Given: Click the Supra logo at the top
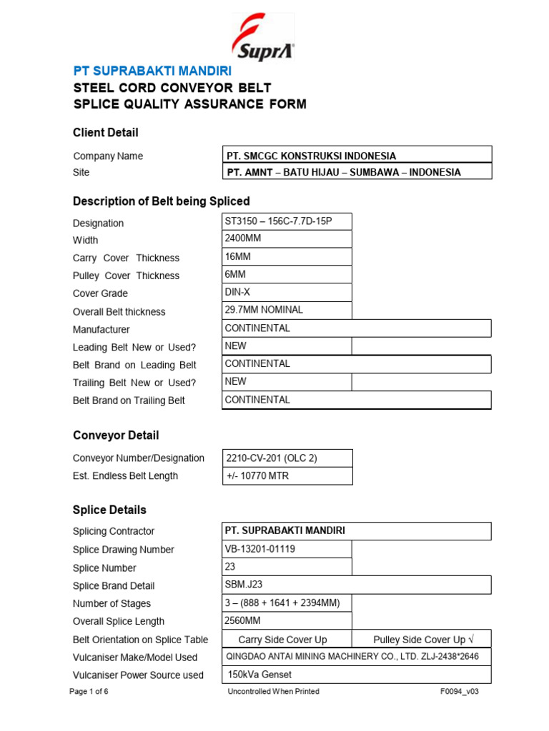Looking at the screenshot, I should tap(262, 37).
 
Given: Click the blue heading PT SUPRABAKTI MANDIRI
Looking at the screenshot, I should tap(152, 71).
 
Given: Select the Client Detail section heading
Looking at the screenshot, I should tap(106, 133).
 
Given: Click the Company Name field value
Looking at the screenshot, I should tap(357, 155).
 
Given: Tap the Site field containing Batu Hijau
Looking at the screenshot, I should tap(357, 172).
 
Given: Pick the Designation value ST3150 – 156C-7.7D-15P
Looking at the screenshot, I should tap(287, 221).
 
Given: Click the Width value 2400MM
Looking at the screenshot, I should tap(287, 239).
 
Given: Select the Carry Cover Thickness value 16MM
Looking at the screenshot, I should tap(287, 257).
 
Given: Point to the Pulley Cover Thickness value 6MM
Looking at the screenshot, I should tap(287, 275).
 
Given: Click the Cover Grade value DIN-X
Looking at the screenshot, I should tap(287, 293).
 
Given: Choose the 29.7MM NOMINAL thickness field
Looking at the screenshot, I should tap(287, 311).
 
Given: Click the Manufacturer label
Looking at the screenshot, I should tap(102, 330).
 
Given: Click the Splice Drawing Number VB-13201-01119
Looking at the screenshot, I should tap(287, 549).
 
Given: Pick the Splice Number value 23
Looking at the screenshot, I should tap(287, 567).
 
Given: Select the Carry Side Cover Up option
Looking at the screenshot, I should tap(283, 640).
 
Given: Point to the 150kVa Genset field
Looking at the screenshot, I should tap(357, 675).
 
